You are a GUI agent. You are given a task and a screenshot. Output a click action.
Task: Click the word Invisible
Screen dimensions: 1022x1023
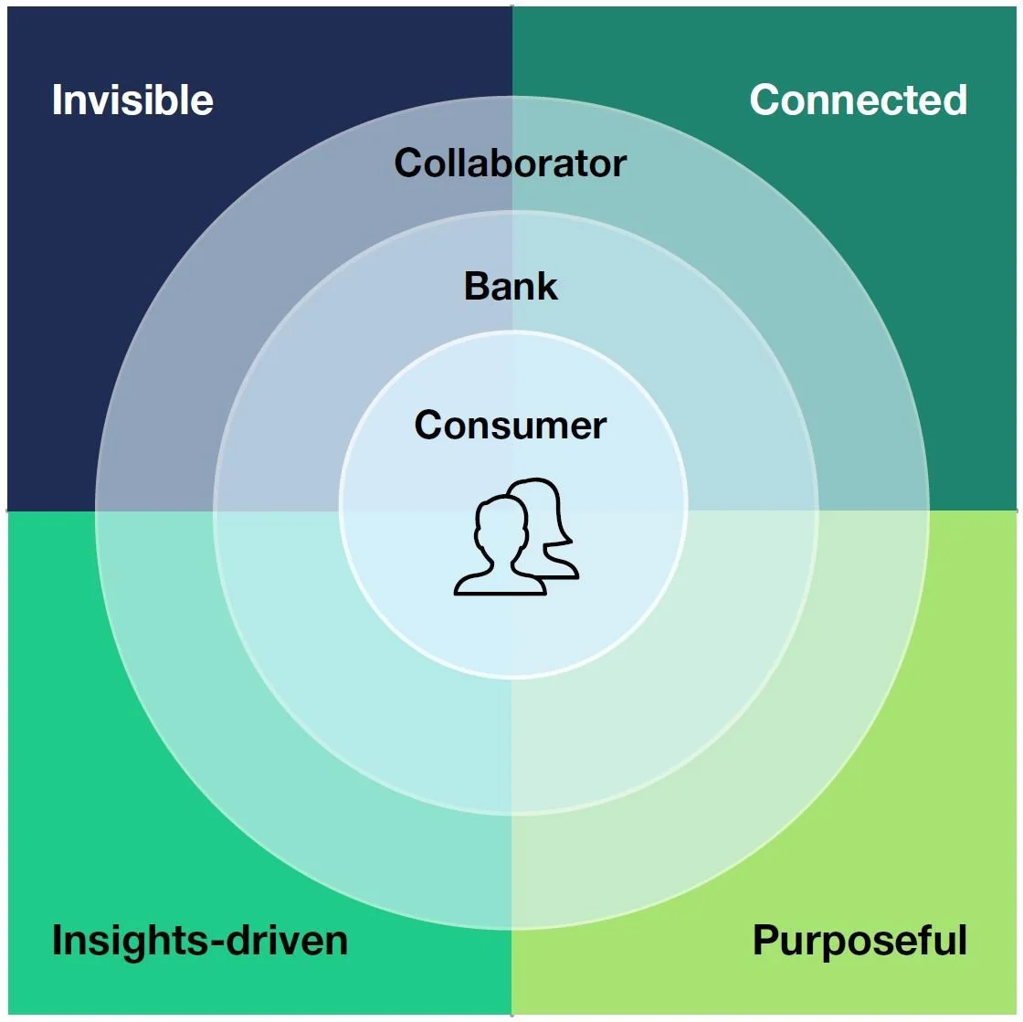(x=132, y=100)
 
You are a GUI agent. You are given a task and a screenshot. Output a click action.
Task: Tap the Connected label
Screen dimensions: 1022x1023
(x=858, y=100)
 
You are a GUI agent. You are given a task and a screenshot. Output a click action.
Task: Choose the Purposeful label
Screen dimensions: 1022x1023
(x=860, y=941)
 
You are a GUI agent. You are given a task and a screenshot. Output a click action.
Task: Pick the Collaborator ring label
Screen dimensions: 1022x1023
(x=511, y=163)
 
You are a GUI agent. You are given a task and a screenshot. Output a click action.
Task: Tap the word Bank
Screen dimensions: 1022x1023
(x=511, y=286)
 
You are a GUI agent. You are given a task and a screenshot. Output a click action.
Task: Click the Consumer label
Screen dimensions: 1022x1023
(x=511, y=426)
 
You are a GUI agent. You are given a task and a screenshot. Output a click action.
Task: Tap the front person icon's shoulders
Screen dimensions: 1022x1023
(x=501, y=583)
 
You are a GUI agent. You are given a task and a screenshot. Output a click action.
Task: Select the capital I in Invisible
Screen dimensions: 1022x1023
(x=58, y=100)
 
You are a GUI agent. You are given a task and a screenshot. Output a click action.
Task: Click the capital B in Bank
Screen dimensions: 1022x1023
(x=477, y=286)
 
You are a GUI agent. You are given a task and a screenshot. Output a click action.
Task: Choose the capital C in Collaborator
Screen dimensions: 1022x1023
(x=408, y=163)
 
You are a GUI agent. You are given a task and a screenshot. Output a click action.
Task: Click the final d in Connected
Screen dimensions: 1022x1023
(x=954, y=100)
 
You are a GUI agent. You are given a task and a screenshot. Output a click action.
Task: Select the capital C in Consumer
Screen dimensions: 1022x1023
(x=428, y=426)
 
